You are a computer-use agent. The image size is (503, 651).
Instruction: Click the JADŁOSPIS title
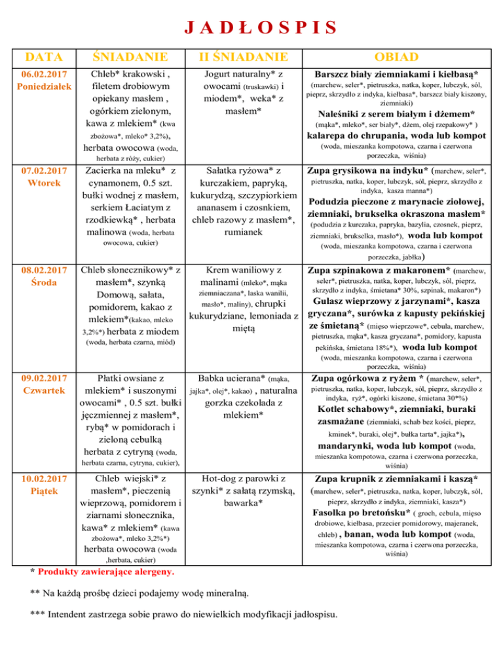[x=252, y=28]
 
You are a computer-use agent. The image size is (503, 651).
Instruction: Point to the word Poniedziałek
[x=41, y=86]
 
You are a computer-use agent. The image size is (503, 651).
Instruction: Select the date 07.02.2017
[x=41, y=172]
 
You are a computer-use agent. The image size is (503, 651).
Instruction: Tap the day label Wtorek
[x=41, y=184]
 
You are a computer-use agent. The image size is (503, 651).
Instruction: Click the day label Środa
[x=41, y=282]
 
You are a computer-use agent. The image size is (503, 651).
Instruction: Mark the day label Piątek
[x=41, y=491]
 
